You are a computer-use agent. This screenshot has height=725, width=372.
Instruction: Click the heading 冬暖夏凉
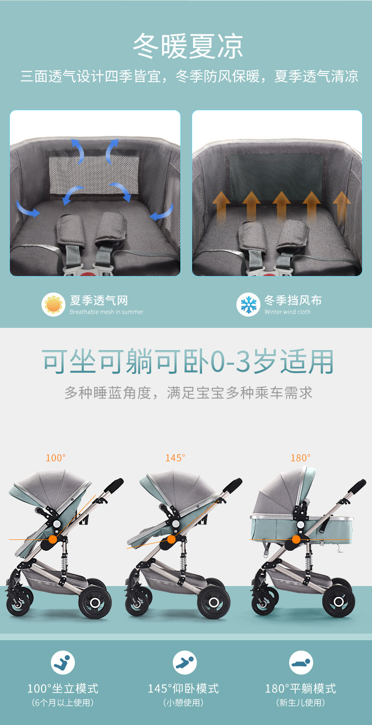point(188,47)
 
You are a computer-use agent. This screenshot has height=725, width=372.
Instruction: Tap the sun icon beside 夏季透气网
point(53,305)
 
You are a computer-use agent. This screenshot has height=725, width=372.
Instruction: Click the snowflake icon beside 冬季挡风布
point(248,305)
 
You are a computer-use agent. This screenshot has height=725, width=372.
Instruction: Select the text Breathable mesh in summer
point(106,312)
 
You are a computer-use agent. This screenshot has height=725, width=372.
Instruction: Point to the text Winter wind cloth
point(287,312)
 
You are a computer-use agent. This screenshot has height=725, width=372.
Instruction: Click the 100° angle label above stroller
point(56,458)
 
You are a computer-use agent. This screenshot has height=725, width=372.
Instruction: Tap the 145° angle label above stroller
point(175,458)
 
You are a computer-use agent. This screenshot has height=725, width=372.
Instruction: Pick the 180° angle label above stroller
point(300,458)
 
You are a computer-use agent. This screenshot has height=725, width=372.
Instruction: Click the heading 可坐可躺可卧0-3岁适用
point(188,362)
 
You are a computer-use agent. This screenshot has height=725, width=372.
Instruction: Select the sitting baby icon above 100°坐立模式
point(63,663)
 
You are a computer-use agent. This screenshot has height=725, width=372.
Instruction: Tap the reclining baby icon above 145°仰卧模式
point(185,663)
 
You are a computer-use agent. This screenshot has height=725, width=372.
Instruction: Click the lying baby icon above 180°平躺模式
point(301,663)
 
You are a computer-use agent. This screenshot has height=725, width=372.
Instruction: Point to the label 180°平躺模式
point(300,689)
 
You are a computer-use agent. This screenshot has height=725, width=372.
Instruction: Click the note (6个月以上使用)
point(63,703)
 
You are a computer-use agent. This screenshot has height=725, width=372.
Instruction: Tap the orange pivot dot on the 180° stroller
point(296,539)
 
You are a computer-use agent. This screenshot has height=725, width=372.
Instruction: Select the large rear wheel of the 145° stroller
point(214,603)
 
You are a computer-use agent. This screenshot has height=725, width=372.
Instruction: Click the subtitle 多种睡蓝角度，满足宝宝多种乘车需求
point(188,393)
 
